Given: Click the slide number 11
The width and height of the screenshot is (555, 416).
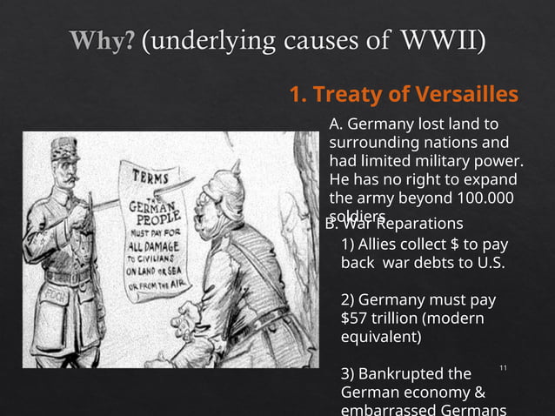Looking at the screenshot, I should tap(503, 370).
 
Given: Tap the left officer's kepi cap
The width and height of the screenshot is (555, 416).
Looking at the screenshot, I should tap(64, 148).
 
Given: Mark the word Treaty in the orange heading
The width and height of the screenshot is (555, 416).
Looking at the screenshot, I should tap(346, 94).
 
